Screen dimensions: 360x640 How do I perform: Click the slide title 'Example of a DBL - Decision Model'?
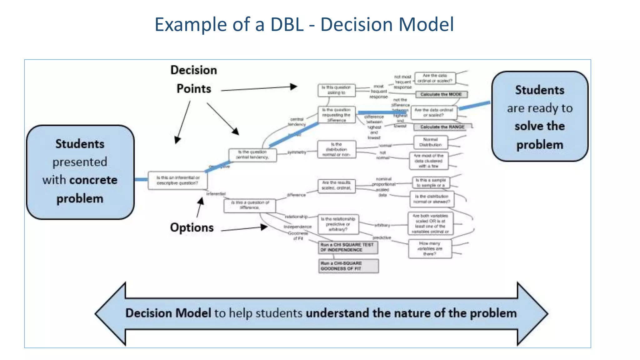tap(304, 24)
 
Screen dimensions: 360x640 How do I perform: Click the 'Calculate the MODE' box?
tap(441, 94)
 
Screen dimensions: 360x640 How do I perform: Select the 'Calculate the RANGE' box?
tap(442, 127)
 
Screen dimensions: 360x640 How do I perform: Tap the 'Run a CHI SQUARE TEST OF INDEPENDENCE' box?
tap(348, 247)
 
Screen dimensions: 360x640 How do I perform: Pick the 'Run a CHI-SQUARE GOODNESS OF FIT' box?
tap(348, 266)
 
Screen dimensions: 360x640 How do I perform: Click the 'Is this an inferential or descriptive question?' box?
tap(177, 180)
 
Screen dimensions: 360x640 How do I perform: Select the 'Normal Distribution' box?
tap(430, 142)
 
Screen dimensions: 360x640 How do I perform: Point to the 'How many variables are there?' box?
tap(430, 249)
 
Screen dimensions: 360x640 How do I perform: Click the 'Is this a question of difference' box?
tap(250, 205)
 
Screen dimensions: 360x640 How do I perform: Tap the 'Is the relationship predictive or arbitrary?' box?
tap(338, 224)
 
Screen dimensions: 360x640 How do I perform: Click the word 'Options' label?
tap(192, 227)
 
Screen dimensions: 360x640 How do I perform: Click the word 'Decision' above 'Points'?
tap(194, 70)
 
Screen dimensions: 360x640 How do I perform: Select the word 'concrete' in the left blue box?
tap(93, 180)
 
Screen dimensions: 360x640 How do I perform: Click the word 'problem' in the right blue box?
tap(540, 145)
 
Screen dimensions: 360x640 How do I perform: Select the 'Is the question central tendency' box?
tap(252, 155)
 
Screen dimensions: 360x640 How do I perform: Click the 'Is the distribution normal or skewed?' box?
tap(432, 199)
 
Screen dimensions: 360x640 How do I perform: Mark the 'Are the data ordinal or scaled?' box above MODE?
tap(435, 78)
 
